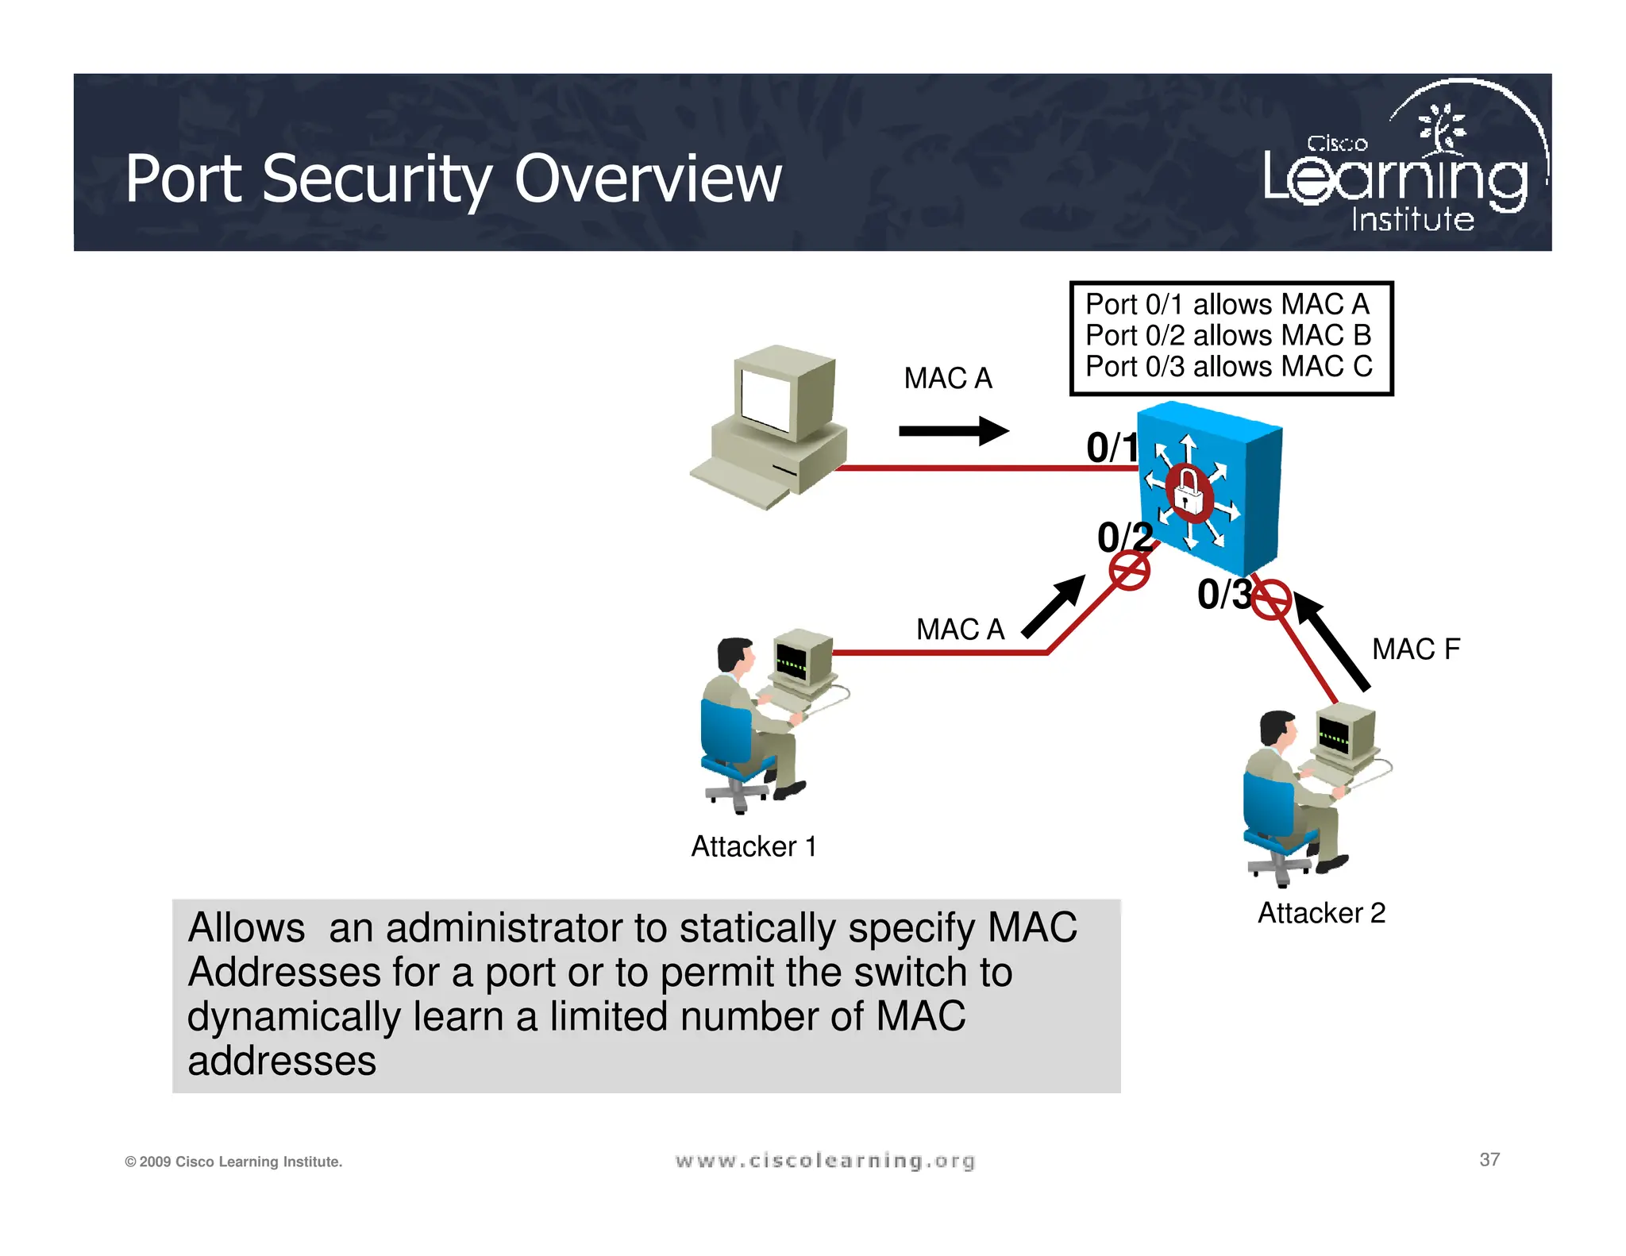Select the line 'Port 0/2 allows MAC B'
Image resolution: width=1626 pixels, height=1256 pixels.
click(x=1227, y=336)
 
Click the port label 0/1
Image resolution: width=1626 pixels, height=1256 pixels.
click(x=1112, y=448)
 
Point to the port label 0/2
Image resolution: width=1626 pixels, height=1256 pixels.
click(x=1123, y=537)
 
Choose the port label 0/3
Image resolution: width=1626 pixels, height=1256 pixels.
click(x=1223, y=595)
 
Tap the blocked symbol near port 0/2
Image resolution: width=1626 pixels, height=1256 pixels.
click(x=1129, y=571)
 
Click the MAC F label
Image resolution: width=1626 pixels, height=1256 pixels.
click(x=1416, y=649)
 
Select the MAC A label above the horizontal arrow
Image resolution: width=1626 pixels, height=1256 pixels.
click(x=948, y=379)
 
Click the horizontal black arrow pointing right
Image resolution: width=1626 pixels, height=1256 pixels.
click(x=953, y=431)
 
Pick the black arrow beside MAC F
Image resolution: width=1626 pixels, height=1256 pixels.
click(x=1332, y=641)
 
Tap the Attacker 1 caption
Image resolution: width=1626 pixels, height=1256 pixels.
click(x=753, y=846)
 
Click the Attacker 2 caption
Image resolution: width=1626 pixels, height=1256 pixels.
click(x=1321, y=913)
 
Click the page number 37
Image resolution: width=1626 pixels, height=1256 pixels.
click(x=1489, y=1160)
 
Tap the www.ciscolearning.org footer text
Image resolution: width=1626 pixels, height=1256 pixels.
click(x=824, y=1161)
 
